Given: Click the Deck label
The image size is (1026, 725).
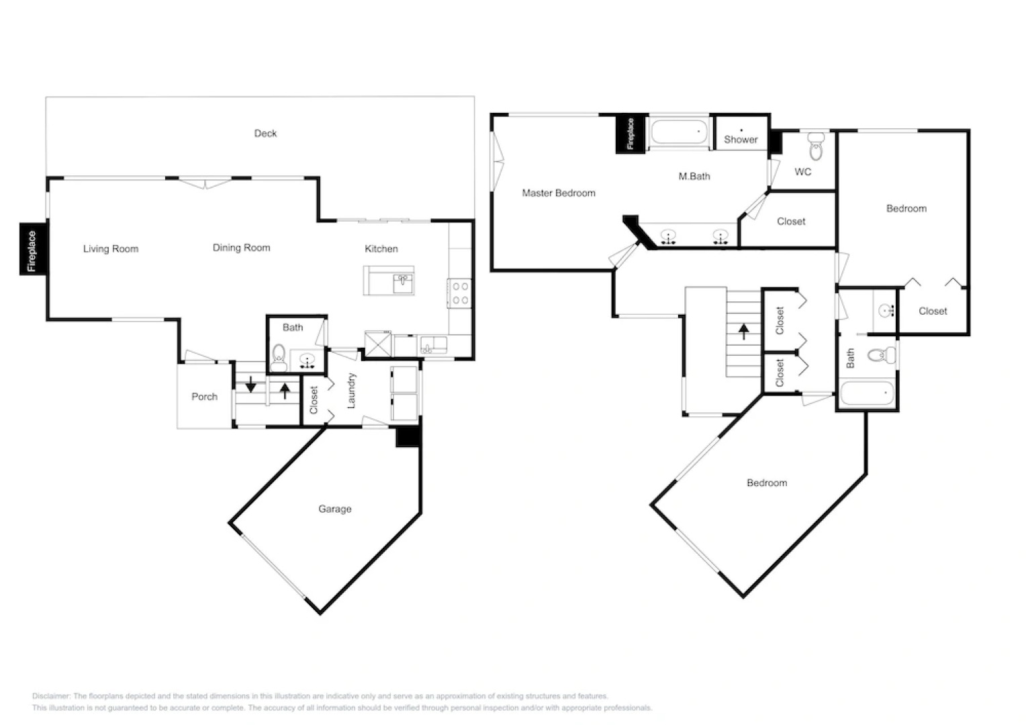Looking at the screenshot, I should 265,134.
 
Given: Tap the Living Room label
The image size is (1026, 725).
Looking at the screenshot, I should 111,249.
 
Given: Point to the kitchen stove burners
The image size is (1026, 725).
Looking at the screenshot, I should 461,293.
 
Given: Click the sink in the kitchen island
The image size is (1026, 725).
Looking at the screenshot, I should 403,281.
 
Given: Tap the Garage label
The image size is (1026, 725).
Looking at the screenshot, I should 334,510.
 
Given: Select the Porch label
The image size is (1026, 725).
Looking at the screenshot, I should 204,397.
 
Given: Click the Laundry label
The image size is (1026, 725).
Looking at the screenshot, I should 351,391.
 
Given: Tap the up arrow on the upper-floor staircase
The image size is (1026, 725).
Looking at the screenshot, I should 744,331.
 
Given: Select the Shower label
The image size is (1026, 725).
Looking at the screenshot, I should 741,140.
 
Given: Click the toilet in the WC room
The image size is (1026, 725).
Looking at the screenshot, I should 816,146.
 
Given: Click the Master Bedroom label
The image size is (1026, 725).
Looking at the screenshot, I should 559,193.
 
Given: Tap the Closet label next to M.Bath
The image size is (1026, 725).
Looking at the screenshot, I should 791,222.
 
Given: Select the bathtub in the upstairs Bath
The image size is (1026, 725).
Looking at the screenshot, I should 867,393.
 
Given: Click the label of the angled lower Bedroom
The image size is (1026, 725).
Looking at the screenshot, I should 767,483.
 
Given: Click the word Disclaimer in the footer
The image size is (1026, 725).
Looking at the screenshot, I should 51,696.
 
